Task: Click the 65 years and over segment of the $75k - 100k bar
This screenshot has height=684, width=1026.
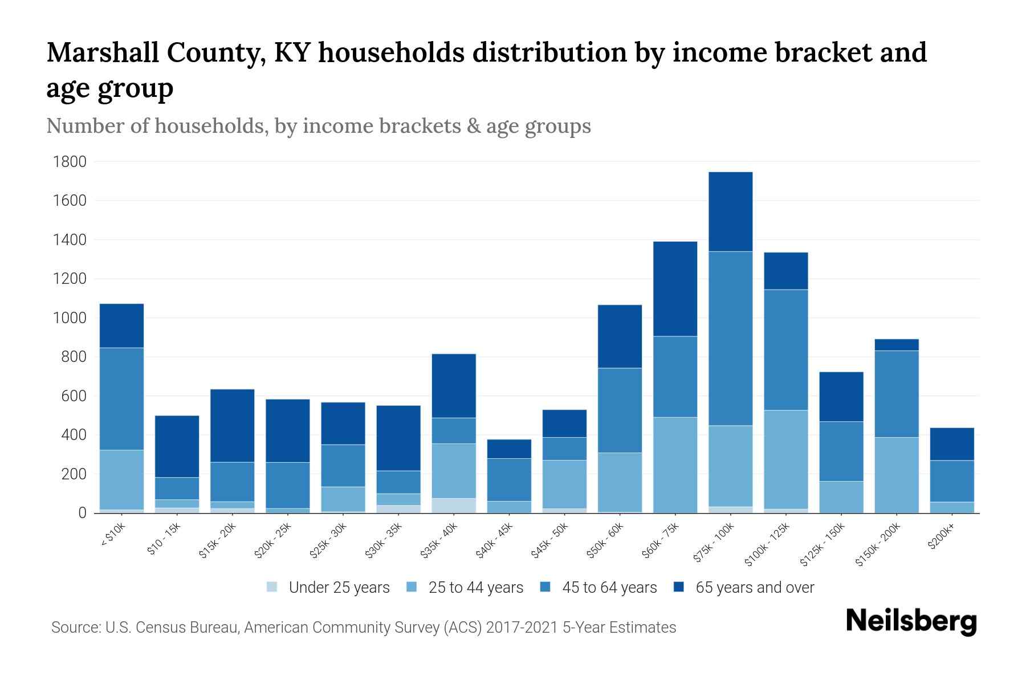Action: tap(730, 211)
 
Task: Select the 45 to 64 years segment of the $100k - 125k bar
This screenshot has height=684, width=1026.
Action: tap(785, 349)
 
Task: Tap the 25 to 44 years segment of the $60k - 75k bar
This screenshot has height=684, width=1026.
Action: tap(675, 465)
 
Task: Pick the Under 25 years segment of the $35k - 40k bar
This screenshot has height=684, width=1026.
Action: tap(454, 506)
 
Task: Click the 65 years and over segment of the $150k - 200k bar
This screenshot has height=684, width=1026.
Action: tap(896, 345)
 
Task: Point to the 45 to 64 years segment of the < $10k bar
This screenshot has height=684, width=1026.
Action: tap(121, 398)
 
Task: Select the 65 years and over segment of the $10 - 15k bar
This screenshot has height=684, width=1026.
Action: tap(177, 446)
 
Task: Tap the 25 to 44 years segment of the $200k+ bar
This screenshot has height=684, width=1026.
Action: tap(951, 507)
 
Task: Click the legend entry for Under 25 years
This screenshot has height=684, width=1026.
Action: tap(328, 588)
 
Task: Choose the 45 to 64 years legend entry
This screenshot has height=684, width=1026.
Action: tap(598, 588)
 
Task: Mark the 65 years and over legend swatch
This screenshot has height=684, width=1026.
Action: tap(679, 587)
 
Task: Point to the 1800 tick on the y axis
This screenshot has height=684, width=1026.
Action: tap(70, 162)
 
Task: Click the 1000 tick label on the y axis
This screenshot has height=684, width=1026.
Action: tap(70, 318)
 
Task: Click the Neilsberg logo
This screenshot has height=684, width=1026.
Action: tap(911, 621)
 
